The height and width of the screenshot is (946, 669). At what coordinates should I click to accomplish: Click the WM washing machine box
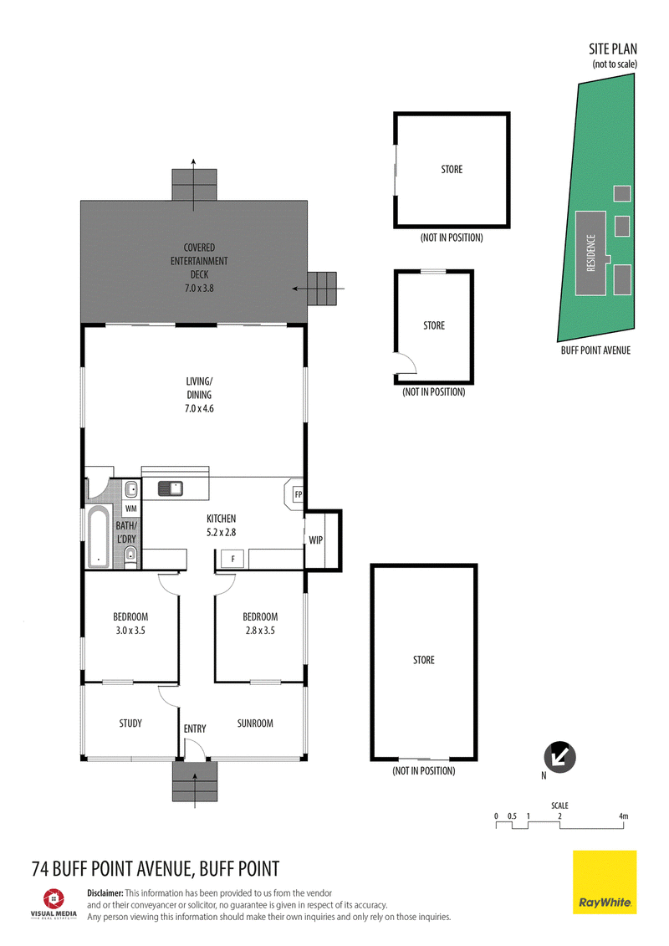click(131, 509)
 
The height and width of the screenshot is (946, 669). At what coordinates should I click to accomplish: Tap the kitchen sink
click(171, 488)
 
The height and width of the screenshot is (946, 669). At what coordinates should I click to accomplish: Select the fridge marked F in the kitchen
click(232, 559)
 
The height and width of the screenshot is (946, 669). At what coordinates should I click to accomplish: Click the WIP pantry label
click(315, 540)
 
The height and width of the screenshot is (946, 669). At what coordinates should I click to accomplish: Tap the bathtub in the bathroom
click(99, 538)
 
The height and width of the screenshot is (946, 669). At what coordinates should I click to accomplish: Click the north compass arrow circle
click(559, 757)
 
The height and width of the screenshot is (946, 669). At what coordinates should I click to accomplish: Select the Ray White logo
click(605, 882)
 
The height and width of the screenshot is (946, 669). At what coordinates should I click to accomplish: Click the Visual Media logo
click(54, 903)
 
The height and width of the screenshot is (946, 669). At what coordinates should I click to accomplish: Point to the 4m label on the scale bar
click(623, 816)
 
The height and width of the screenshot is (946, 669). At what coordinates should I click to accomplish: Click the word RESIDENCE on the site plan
click(591, 253)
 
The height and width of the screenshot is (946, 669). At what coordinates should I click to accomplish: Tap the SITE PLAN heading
click(613, 49)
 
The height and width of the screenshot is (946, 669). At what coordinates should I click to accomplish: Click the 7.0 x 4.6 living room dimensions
click(199, 408)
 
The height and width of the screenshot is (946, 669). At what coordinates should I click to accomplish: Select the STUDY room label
click(130, 723)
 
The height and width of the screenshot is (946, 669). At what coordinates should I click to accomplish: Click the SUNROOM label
click(255, 723)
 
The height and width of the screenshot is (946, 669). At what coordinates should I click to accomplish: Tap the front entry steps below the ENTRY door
click(194, 781)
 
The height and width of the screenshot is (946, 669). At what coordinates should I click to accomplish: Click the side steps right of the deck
click(322, 289)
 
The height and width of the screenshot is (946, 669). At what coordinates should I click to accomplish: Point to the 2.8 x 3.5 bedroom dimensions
click(260, 631)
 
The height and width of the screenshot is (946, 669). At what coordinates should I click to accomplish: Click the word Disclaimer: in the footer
click(105, 893)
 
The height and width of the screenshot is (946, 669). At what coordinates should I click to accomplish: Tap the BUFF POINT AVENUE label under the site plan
click(595, 350)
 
